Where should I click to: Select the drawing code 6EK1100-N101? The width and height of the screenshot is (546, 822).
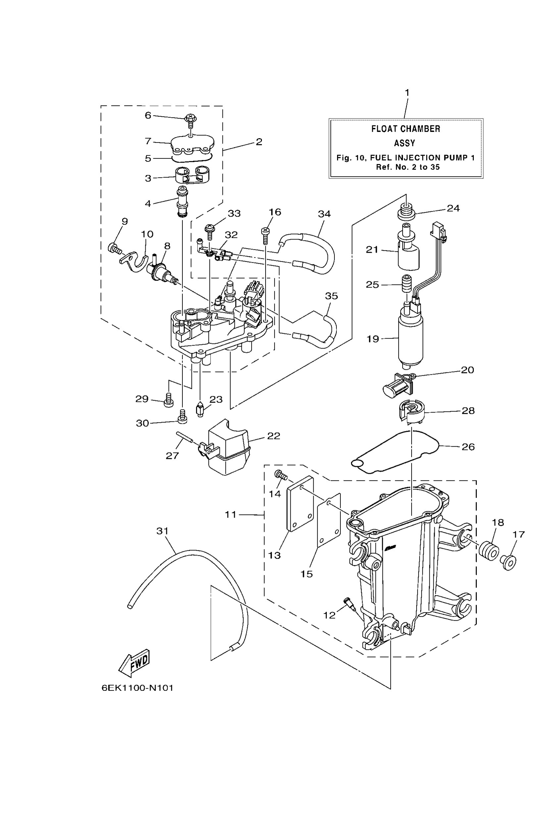click(137, 688)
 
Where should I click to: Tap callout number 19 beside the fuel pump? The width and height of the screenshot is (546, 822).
click(372, 339)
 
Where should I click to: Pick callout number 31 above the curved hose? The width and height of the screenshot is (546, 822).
click(162, 531)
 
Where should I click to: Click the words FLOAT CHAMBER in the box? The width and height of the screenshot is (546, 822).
click(406, 129)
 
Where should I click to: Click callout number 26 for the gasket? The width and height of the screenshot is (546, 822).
click(468, 447)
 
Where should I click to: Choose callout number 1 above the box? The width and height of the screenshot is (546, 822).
click(407, 93)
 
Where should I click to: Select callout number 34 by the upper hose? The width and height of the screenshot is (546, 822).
click(324, 214)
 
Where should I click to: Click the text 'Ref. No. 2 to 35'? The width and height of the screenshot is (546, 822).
click(408, 167)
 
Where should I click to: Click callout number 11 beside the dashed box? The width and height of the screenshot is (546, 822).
click(230, 514)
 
